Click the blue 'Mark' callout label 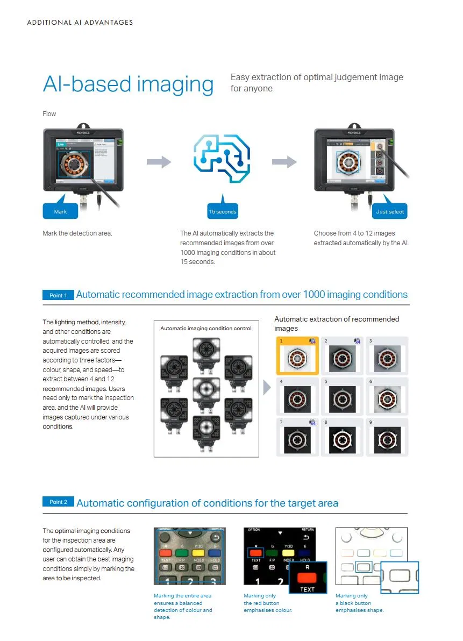point(60,211)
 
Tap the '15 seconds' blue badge point(222,211)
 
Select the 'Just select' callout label point(390,211)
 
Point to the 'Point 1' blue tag point(58,295)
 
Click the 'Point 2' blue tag point(58,502)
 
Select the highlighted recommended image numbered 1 point(297,356)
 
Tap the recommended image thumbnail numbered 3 point(387,356)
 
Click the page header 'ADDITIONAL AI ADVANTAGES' point(80,23)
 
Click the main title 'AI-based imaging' point(128,84)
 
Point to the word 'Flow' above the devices point(49,114)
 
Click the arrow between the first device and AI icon point(159,162)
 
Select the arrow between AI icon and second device point(284,162)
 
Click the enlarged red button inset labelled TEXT point(307,578)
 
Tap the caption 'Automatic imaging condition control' point(206,328)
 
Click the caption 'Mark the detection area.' point(77,233)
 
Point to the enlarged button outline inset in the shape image point(400,577)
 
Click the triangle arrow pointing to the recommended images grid point(267,388)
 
